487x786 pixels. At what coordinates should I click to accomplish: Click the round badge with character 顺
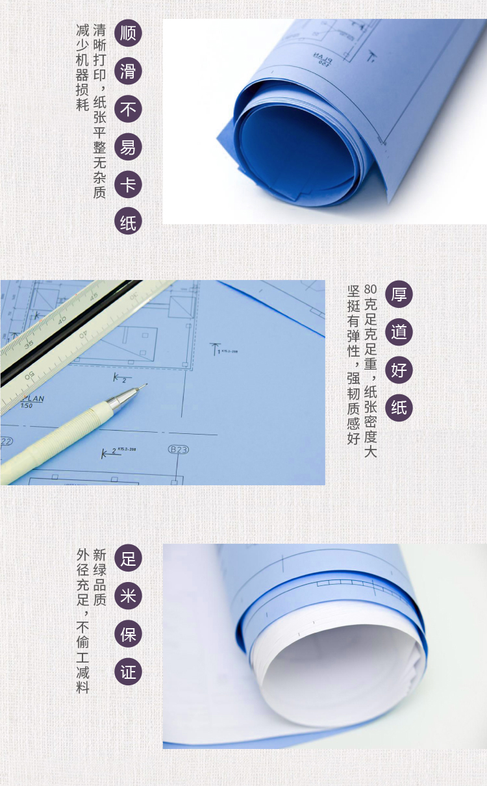[x=128, y=33]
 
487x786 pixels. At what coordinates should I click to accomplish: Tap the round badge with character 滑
[x=128, y=71]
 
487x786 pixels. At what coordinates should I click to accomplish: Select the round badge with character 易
[x=128, y=147]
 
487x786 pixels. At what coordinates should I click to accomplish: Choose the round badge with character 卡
[x=128, y=184]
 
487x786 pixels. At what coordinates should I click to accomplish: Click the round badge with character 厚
[x=399, y=294]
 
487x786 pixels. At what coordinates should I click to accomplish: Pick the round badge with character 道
[x=399, y=333]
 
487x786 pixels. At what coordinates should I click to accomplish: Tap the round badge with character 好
[x=399, y=370]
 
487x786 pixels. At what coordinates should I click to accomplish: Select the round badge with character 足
[x=128, y=558]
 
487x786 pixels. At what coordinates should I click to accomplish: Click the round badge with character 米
[x=128, y=596]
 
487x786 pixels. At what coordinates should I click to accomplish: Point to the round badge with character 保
[x=128, y=634]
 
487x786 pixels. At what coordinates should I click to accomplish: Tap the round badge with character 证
[x=128, y=672]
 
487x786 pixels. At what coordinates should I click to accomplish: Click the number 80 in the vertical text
[x=370, y=289]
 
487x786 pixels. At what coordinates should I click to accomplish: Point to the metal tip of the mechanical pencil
[x=145, y=385]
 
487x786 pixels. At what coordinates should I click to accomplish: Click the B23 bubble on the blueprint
[x=178, y=450]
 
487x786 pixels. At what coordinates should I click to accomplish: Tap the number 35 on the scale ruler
[x=29, y=344]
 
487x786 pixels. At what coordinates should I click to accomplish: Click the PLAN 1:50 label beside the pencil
[x=32, y=402]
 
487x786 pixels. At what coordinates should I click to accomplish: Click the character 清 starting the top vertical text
[x=99, y=30]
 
